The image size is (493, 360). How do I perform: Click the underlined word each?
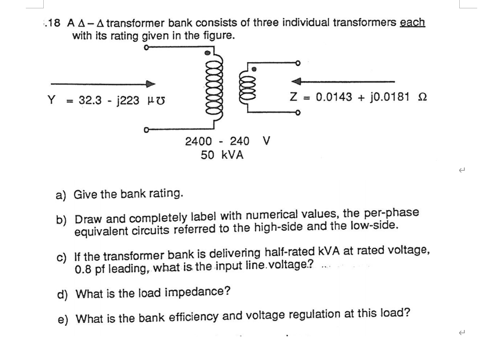click(412, 22)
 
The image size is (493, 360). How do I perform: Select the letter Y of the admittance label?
click(51, 100)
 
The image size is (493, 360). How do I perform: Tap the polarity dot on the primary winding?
click(208, 53)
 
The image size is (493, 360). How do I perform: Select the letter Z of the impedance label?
click(294, 97)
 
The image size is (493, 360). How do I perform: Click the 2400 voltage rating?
click(199, 141)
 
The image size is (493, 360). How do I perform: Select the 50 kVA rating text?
click(222, 155)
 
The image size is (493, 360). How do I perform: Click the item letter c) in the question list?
click(62, 256)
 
